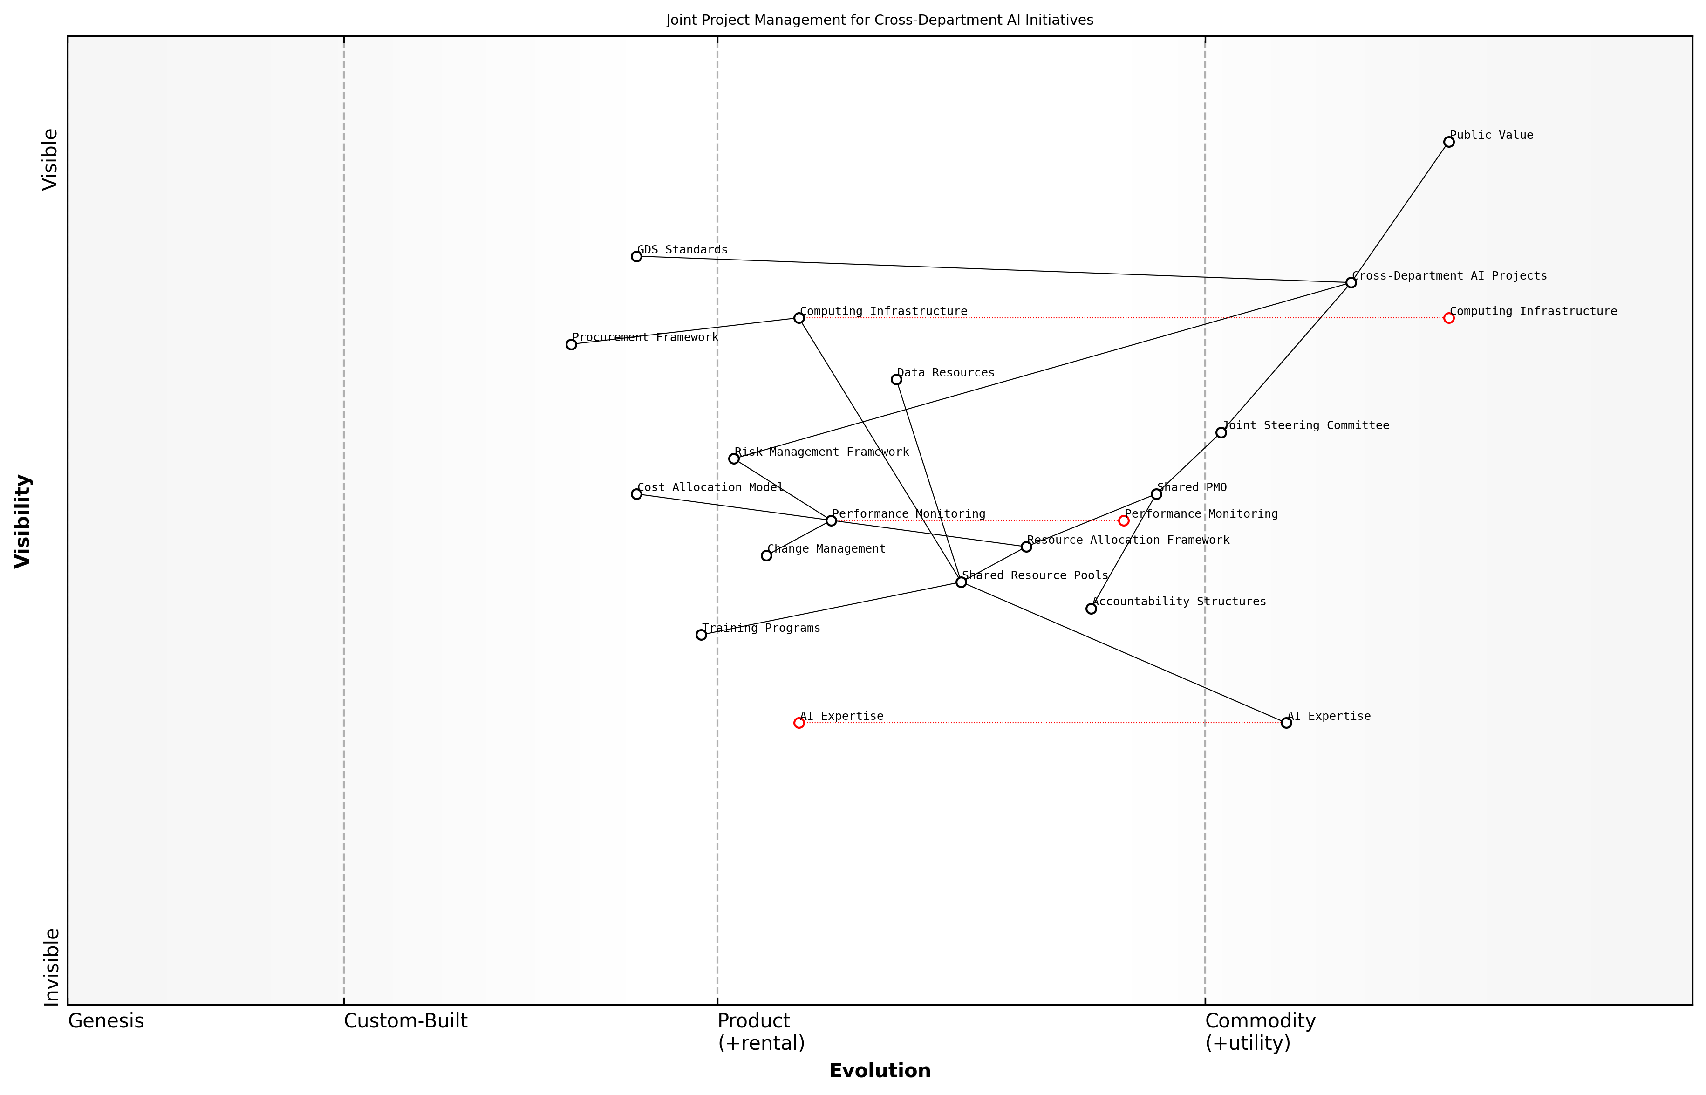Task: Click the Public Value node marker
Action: coord(1449,142)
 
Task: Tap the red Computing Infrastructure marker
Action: coord(1449,318)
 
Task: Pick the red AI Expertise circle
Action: coord(799,723)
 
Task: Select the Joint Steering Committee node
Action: coord(1221,432)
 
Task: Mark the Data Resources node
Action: coord(896,380)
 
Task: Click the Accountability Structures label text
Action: coord(1179,602)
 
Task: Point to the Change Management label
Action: coord(826,549)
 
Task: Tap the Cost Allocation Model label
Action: coord(710,488)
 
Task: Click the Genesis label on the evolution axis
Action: coord(106,1021)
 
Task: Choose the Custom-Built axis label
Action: coord(406,1021)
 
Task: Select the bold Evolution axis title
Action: coord(880,1071)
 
